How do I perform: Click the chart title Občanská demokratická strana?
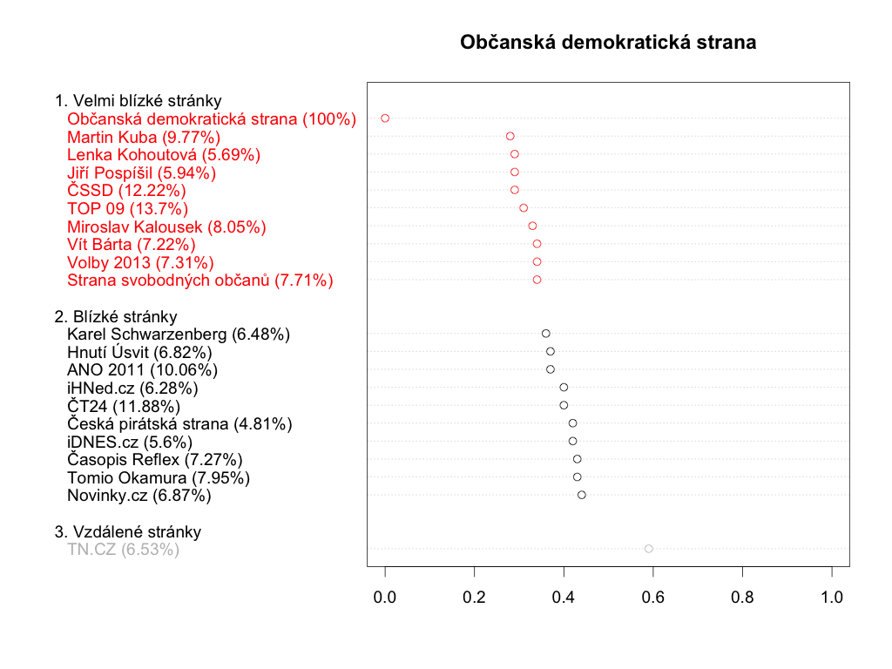tap(608, 43)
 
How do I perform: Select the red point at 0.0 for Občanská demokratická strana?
tap(385, 118)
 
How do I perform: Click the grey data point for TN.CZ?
tap(648, 549)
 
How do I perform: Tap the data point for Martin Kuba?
tap(510, 136)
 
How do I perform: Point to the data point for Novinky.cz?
tap(581, 495)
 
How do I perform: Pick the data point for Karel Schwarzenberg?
tap(545, 334)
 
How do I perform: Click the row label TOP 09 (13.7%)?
tap(127, 208)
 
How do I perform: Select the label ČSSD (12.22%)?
tap(126, 190)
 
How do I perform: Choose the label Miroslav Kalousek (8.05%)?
tap(166, 226)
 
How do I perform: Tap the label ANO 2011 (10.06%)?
tap(142, 369)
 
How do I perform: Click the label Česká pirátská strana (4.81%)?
tap(179, 423)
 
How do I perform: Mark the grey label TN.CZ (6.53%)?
tap(123, 550)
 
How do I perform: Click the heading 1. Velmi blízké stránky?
tap(138, 100)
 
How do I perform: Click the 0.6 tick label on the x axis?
tap(652, 598)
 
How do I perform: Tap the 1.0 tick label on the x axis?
tap(831, 598)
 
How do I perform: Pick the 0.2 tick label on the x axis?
tap(474, 598)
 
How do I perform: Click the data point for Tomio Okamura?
tap(577, 476)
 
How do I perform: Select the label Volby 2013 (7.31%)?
tap(140, 262)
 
